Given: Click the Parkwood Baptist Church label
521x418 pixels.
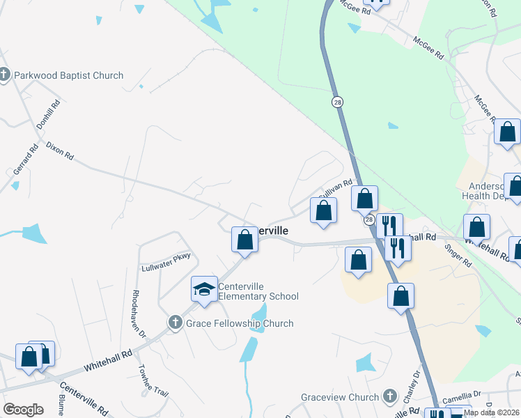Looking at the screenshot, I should (x=68, y=75).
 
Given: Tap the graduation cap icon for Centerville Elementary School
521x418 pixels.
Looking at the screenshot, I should (x=204, y=289).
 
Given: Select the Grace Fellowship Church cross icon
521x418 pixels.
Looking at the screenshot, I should (x=175, y=323).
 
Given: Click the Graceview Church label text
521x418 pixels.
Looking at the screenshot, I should (x=340, y=397).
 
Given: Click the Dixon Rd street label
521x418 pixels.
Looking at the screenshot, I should (x=60, y=152).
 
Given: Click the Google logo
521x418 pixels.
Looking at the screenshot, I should (x=23, y=410).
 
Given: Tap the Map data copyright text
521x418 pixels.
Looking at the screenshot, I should (x=491, y=412).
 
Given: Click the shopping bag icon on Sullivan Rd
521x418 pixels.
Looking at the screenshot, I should (x=323, y=210).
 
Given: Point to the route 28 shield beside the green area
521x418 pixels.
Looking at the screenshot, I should (x=337, y=102).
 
